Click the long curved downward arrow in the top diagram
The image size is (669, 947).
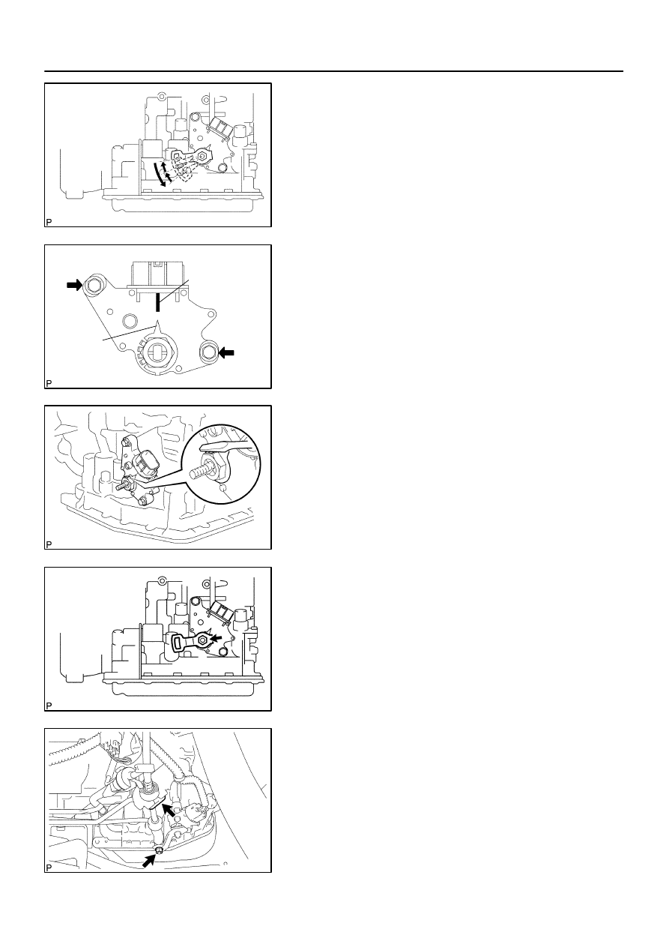coord(158,173)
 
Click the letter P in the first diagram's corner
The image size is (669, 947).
coord(49,222)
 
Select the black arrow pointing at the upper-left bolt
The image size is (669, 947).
coord(74,286)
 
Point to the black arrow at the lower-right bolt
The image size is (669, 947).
coord(226,352)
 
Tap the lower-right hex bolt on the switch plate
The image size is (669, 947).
coord(208,352)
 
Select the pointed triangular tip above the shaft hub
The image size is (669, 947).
coord(158,327)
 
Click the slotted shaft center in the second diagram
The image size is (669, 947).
coord(157,353)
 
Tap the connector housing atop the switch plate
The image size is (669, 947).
coord(158,274)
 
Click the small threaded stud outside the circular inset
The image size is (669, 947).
coord(121,487)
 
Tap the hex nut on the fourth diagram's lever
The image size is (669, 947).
coord(203,641)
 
